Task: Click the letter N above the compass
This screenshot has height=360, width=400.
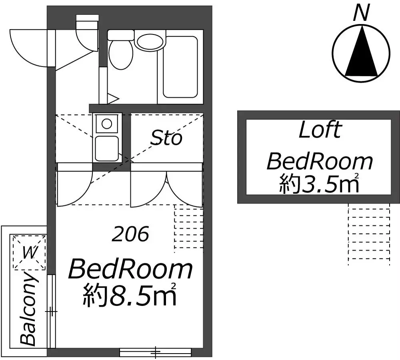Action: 362,13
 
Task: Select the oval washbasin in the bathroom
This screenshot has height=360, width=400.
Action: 150,40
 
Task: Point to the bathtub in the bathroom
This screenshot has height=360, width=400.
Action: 180,67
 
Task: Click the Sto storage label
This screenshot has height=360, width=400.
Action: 166,138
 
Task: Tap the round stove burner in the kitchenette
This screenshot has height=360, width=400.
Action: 107,124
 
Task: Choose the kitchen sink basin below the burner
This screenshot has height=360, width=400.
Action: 107,148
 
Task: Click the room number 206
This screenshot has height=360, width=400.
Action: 130,234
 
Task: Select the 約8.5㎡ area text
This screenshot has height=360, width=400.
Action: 130,295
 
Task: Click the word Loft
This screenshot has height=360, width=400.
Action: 320,130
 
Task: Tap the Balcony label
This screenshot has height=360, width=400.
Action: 28,309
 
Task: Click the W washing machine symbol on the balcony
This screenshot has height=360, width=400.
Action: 29,253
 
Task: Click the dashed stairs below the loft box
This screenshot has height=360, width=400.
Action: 369,235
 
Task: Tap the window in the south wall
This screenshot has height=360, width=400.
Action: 155,353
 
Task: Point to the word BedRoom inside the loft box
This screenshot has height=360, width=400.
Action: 320,161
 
